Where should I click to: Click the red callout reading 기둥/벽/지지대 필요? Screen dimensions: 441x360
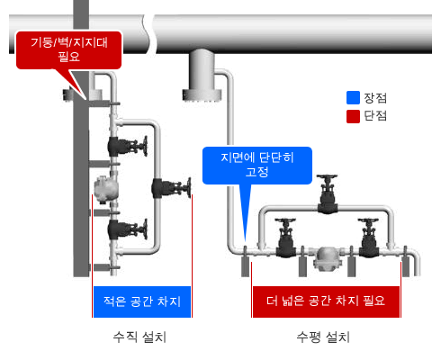[68, 50]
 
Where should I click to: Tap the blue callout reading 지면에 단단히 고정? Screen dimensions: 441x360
[257, 166]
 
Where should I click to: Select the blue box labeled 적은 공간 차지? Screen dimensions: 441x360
[142, 301]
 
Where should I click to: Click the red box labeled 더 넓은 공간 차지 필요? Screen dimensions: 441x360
[326, 301]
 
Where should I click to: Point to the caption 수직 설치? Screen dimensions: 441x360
[139, 337]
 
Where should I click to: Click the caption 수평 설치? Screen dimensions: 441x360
[323, 337]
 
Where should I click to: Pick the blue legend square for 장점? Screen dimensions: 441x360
[353, 98]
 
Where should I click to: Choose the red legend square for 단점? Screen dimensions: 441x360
[353, 116]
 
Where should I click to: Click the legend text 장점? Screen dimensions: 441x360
[375, 98]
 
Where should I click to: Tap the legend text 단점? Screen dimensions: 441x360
[375, 116]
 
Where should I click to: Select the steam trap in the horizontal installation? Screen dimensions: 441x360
[327, 258]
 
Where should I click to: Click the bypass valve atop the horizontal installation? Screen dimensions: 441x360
[328, 194]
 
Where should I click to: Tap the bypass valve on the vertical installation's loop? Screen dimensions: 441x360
[171, 188]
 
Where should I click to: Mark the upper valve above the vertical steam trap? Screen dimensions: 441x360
[128, 146]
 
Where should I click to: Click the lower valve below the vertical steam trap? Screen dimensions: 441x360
[128, 229]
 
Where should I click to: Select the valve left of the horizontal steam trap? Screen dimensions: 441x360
[285, 238]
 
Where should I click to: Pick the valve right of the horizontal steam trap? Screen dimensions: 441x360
[369, 238]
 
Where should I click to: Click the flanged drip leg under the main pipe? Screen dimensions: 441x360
[202, 76]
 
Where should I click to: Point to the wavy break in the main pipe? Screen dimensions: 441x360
[149, 34]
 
